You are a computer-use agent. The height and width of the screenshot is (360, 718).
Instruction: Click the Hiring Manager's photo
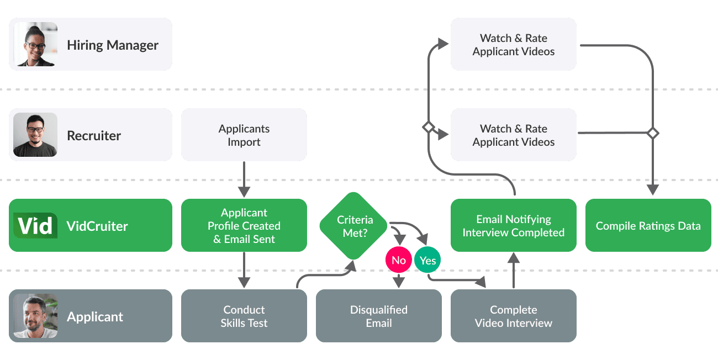[35, 44]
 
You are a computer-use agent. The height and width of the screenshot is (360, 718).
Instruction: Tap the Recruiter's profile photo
[35, 135]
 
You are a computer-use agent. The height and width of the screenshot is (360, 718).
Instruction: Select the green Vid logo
[35, 225]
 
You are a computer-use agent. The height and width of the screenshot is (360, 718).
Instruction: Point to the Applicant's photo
[35, 316]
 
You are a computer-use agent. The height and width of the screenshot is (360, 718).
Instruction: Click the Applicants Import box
[244, 135]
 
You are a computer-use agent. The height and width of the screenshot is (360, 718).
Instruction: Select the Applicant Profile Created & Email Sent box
[244, 225]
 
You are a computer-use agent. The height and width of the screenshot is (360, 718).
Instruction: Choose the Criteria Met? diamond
[355, 226]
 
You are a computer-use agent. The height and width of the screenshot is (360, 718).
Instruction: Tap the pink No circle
[399, 261]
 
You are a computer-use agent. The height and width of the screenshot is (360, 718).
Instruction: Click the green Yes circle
[427, 261]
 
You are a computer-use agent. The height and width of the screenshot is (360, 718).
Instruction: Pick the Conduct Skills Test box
[244, 316]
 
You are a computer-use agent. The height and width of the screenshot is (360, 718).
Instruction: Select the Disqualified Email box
[378, 316]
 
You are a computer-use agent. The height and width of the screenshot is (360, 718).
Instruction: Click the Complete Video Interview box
[513, 316]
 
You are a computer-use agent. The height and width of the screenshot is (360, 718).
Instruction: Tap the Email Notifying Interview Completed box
[513, 225]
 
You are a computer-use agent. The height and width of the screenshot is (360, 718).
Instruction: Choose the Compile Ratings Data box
[648, 225]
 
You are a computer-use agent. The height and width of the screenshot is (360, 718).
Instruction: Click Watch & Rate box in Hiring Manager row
[513, 44]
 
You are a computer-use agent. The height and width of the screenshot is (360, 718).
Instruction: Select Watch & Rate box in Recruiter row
[513, 135]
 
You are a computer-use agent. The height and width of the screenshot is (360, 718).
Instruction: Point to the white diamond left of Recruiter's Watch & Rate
[428, 127]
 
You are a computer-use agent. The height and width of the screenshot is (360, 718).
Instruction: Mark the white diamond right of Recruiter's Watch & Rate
[653, 133]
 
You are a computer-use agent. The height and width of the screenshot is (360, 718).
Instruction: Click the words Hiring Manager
[113, 45]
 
